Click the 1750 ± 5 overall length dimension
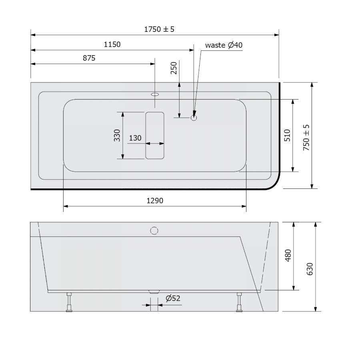pos(159,29)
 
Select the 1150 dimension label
pos(112,44)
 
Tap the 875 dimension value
pos(89,58)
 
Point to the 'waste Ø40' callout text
pos(224,45)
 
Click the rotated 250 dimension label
pos(174,68)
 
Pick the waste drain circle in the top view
pos(194,118)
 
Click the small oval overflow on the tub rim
pos(155,94)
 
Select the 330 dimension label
pos(117,136)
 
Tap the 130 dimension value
pos(135,138)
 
